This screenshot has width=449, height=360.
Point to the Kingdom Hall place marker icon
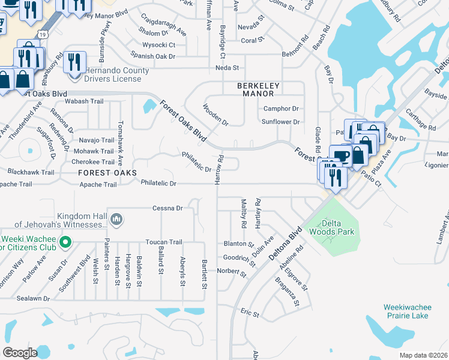pyautogui.click(x=117, y=220)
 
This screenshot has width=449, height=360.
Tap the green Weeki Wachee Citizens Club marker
pyautogui.click(x=67, y=242)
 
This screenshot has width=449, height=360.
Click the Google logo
pyautogui.click(x=20, y=353)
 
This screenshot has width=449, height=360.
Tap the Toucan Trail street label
pyautogui.click(x=163, y=242)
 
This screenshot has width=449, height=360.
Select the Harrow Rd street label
pyautogui.click(x=220, y=170)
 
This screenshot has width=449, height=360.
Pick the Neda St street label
pyautogui.click(x=228, y=68)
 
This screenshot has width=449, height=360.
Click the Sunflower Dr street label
pyautogui.click(x=280, y=122)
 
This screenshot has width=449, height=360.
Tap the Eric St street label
pyautogui.click(x=249, y=313)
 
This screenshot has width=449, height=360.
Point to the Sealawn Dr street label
pyautogui.click(x=33, y=298)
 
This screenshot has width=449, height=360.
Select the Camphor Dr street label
pyautogui.click(x=281, y=109)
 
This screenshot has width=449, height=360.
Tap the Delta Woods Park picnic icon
pyautogui.click(x=330, y=238)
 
